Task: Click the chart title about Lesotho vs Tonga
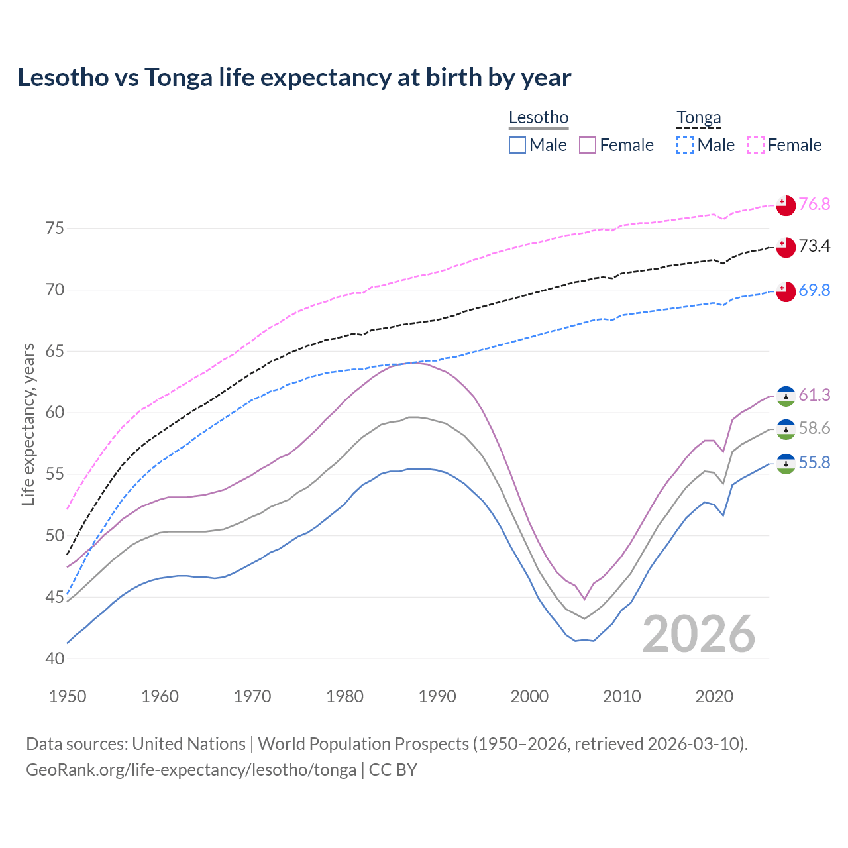(x=294, y=78)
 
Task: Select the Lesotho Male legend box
(x=517, y=145)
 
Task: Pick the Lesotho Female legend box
(x=588, y=145)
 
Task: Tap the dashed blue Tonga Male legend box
(x=685, y=145)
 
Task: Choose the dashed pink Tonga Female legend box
(x=756, y=145)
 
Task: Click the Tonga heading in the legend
(x=698, y=118)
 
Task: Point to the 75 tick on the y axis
(x=55, y=229)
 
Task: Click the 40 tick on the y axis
(x=55, y=659)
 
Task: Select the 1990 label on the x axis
(x=437, y=696)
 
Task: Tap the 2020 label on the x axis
(x=714, y=696)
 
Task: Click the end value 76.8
(x=814, y=204)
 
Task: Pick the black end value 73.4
(x=814, y=246)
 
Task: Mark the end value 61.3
(x=814, y=396)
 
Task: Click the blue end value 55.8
(x=814, y=462)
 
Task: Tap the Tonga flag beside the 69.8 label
(x=786, y=291)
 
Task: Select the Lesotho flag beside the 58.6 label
(x=786, y=429)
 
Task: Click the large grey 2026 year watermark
(x=699, y=634)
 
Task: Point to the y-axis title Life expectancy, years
(x=28, y=424)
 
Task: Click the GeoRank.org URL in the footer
(x=191, y=770)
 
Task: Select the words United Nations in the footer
(x=189, y=744)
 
